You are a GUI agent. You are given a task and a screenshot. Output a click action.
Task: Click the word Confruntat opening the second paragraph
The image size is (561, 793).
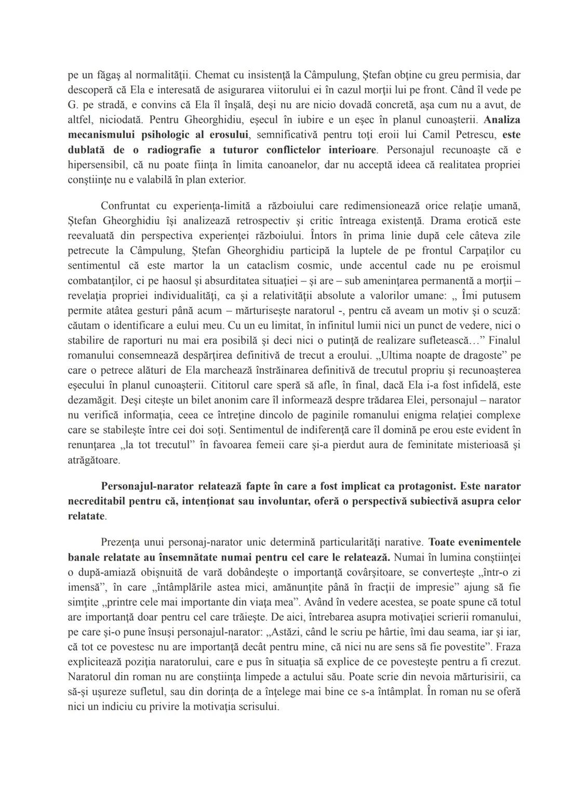click(127, 205)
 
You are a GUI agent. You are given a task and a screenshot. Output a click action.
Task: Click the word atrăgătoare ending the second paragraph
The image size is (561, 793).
click(94, 461)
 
